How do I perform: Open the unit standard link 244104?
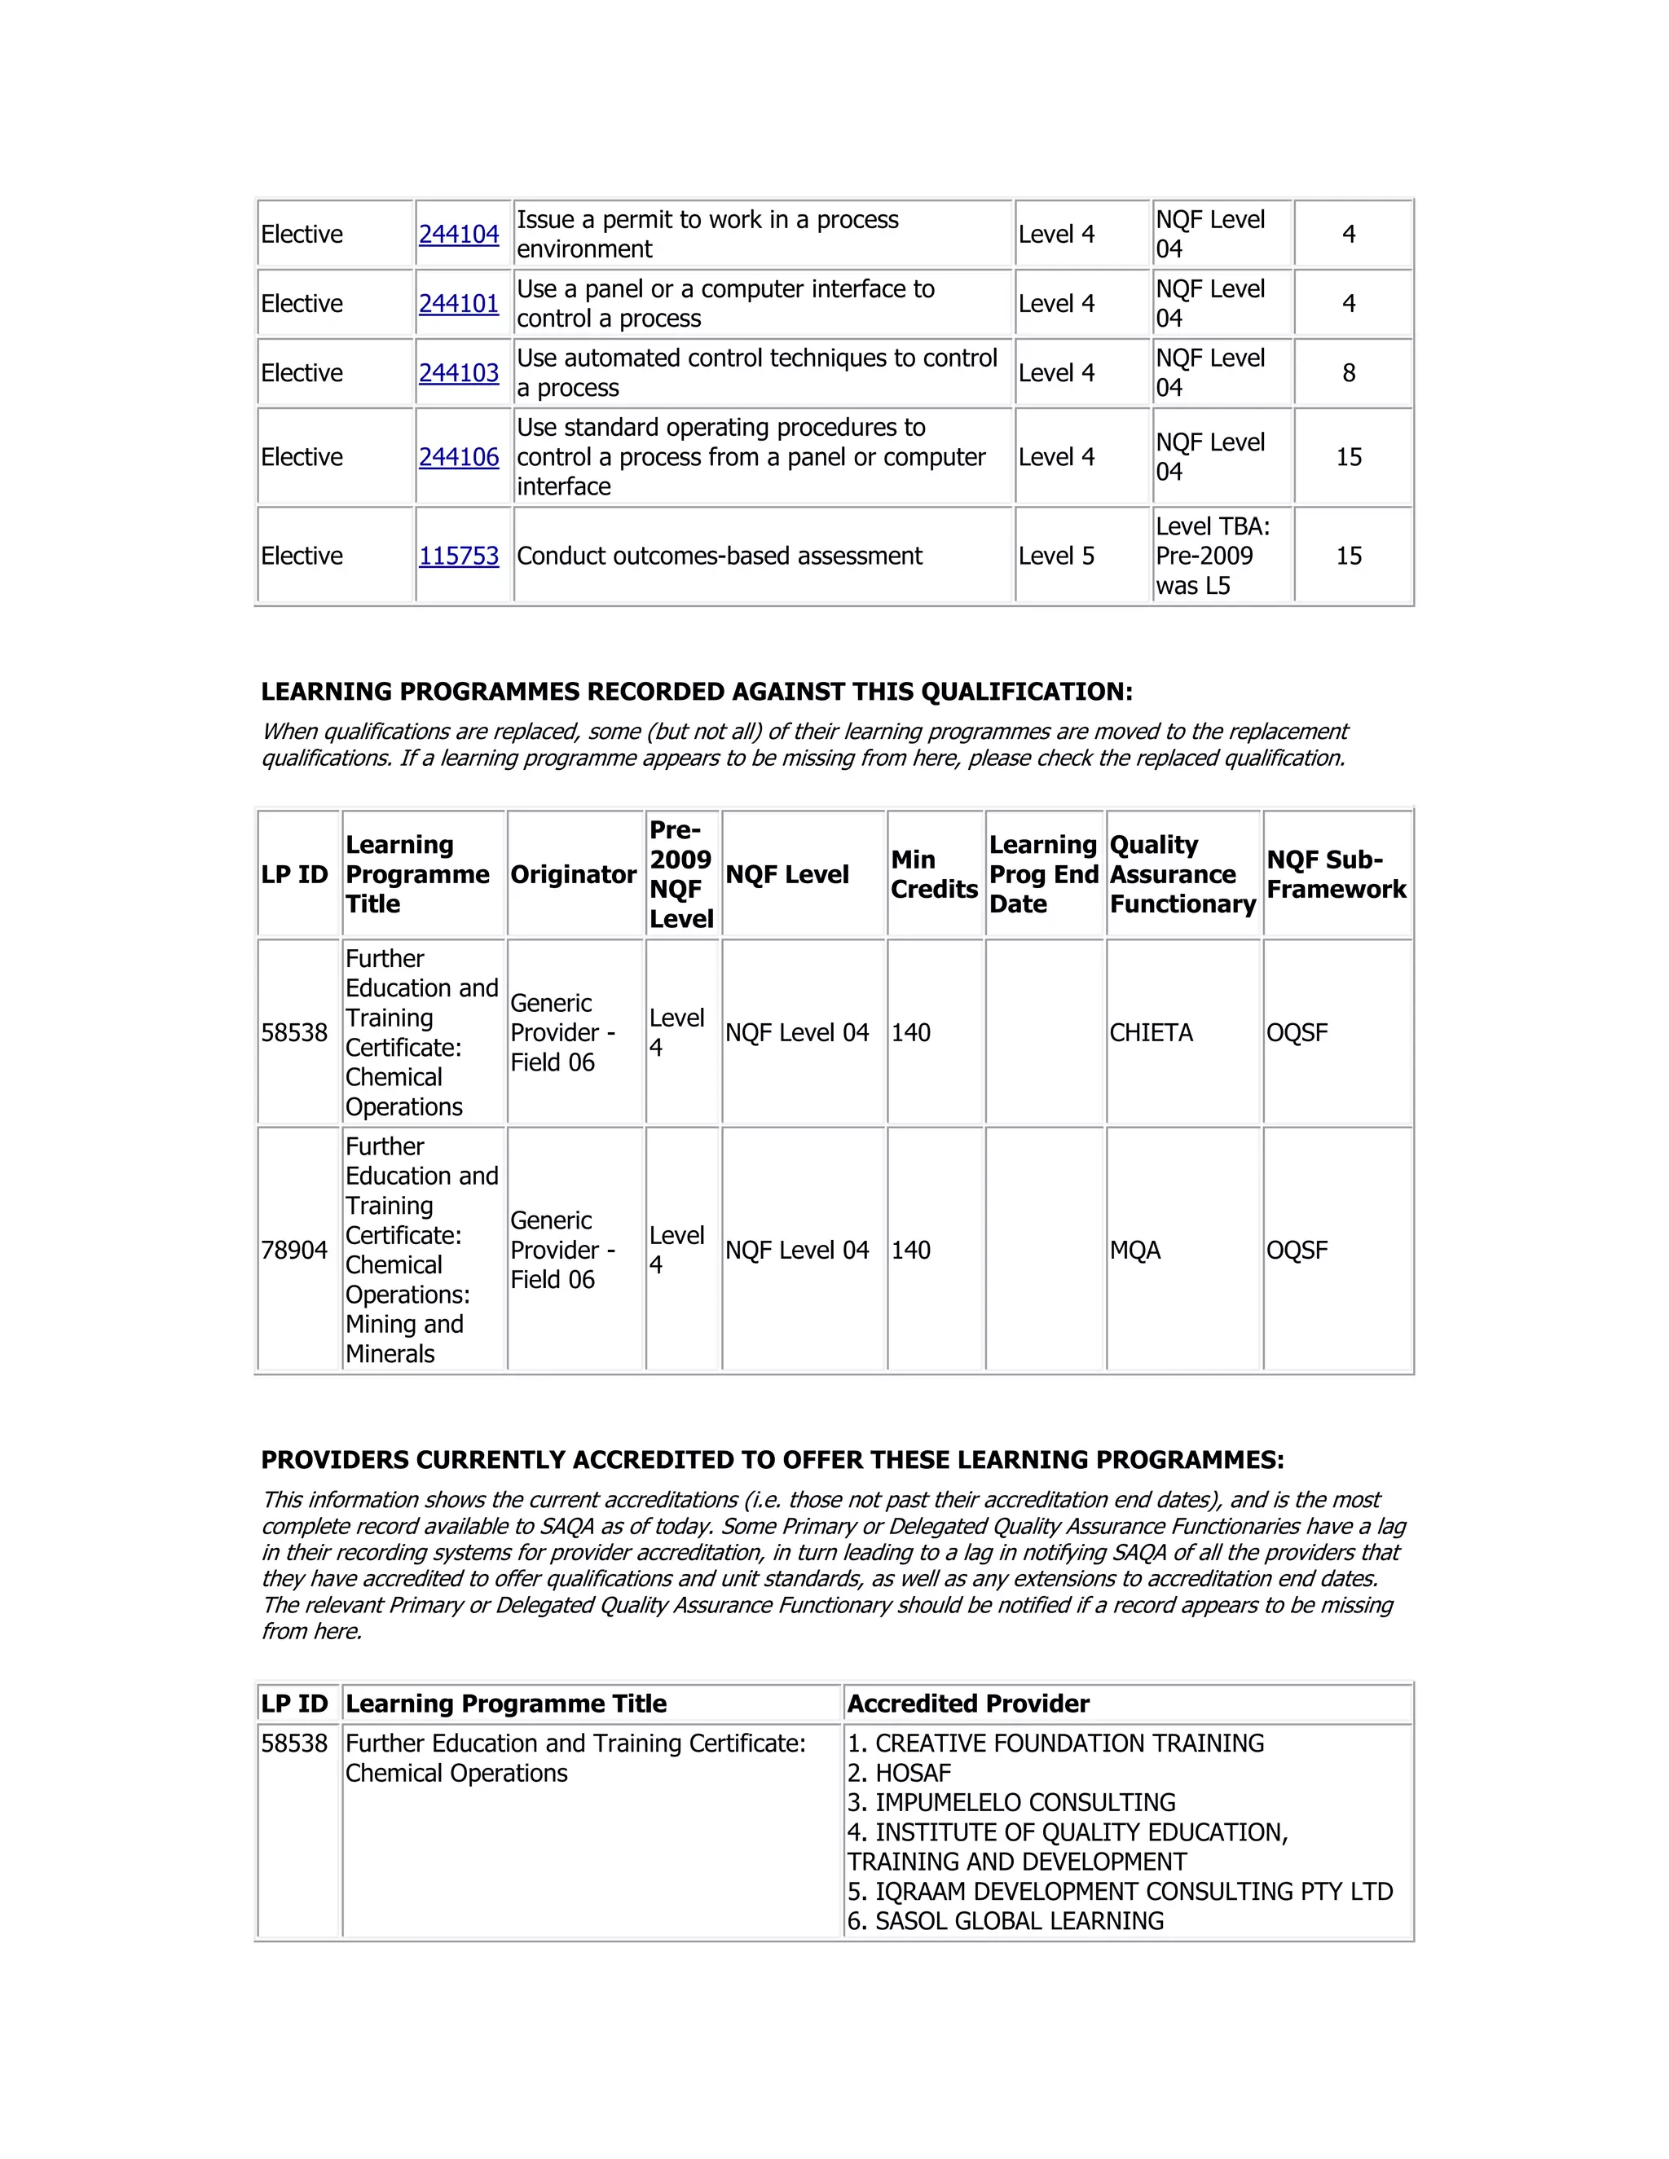pyautogui.click(x=459, y=235)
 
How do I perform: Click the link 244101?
pyautogui.click(x=459, y=304)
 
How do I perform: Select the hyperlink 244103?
pyautogui.click(x=459, y=372)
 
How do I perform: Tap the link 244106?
pyautogui.click(x=459, y=457)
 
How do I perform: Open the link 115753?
pyautogui.click(x=459, y=556)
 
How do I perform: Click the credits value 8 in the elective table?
pyautogui.click(x=1349, y=372)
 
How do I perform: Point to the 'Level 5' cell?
pyautogui.click(x=1056, y=556)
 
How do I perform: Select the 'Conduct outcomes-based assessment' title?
pyautogui.click(x=719, y=556)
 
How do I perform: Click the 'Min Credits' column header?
pyautogui.click(x=933, y=874)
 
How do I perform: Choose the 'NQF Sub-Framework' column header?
pyautogui.click(x=1336, y=874)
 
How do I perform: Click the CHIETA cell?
pyautogui.click(x=1151, y=1032)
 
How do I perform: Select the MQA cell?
pyautogui.click(x=1135, y=1250)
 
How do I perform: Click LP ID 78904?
pyautogui.click(x=293, y=1250)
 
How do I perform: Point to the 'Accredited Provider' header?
pyautogui.click(x=968, y=1704)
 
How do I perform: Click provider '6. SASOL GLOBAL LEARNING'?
pyautogui.click(x=1006, y=1921)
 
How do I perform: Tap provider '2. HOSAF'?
pyautogui.click(x=899, y=1773)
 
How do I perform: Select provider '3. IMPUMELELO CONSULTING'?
pyautogui.click(x=1011, y=1802)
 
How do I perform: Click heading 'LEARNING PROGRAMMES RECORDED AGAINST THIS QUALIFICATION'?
pyautogui.click(x=696, y=691)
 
